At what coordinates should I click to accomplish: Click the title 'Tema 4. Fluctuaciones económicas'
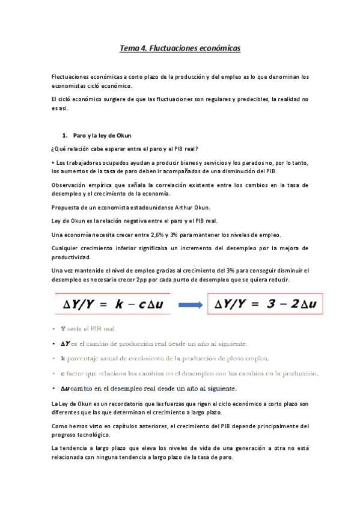(x=180, y=48)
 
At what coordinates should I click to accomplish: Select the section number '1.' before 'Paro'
(x=66, y=135)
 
